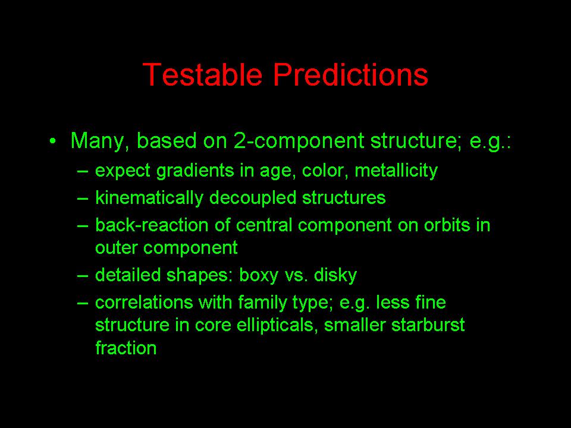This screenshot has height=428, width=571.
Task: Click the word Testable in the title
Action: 202,74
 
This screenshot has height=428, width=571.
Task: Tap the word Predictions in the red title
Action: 351,74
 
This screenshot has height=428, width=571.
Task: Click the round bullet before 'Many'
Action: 53,141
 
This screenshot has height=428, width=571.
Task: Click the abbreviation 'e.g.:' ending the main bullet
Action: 490,142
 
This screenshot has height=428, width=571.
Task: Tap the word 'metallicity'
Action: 396,171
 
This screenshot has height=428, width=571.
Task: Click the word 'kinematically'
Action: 149,198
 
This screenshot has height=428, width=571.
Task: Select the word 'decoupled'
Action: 253,198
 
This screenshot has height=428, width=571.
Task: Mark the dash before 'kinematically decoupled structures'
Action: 83,199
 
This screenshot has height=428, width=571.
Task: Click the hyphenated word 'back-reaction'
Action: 152,225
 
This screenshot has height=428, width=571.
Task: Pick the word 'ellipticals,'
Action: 275,325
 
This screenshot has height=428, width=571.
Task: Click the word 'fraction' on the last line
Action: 126,348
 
